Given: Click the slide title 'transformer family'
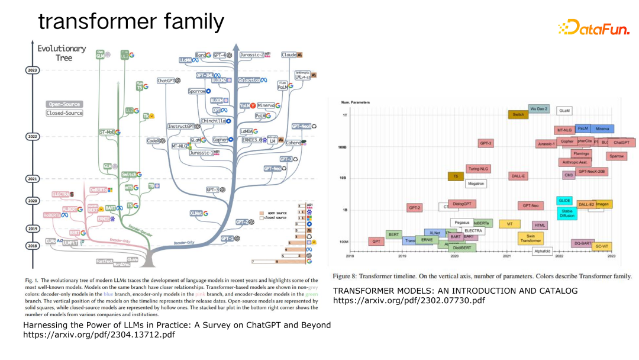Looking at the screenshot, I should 131,22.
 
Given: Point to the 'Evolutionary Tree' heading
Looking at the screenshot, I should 62,53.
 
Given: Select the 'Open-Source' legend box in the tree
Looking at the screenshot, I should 64,104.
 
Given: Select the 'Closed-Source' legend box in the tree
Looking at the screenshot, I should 64,113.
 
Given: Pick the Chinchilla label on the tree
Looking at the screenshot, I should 215,121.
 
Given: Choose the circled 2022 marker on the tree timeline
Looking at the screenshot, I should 33,136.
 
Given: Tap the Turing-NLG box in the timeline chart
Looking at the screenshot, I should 478,169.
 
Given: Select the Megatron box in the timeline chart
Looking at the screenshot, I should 476,184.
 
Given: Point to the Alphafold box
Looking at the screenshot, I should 542,251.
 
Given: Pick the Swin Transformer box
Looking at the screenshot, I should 530,237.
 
